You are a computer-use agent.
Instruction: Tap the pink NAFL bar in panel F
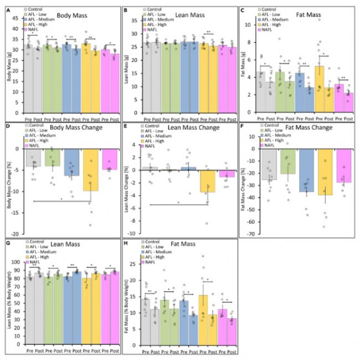pyautogui.click(x=343, y=166)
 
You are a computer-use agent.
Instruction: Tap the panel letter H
pyautogui.click(x=125, y=242)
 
